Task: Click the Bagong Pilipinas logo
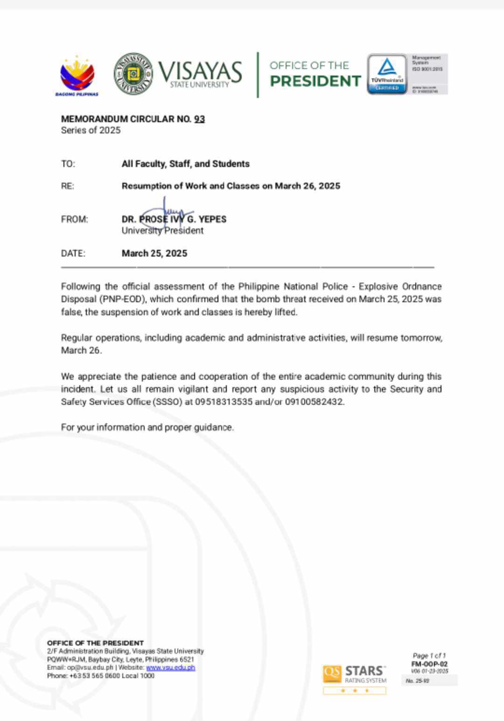tap(77, 76)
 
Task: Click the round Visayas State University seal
tap(133, 74)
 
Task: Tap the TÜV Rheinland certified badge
tap(387, 74)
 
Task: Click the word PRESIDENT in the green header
tap(315, 81)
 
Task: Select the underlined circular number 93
tap(199, 119)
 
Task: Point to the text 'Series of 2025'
tap(91, 130)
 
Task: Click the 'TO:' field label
tap(68, 164)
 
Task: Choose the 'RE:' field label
tap(68, 186)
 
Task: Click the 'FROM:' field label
tap(74, 219)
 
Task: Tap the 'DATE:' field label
tap(73, 253)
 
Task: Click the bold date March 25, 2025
tap(154, 253)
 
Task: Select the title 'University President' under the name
tap(162, 230)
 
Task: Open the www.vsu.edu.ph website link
tap(170, 667)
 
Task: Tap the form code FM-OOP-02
tap(429, 664)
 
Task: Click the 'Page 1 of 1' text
tap(429, 655)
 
